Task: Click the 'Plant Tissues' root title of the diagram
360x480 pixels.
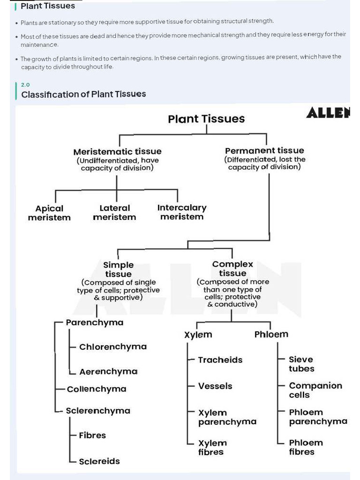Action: tap(206, 119)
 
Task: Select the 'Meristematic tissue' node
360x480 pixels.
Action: tap(117, 151)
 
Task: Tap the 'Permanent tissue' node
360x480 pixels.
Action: tap(264, 150)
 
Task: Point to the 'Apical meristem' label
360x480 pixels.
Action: tap(49, 213)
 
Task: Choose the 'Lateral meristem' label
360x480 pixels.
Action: tap(114, 212)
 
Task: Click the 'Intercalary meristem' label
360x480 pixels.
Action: tap(182, 212)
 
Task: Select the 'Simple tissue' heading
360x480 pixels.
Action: tap(118, 270)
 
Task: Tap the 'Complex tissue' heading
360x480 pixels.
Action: tap(232, 269)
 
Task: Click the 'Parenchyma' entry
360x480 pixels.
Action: tap(95, 322)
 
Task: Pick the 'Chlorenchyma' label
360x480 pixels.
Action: tap(113, 347)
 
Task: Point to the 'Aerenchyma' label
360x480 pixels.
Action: tap(108, 372)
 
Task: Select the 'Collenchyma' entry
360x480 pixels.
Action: tap(97, 389)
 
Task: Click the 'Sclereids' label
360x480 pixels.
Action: tap(99, 461)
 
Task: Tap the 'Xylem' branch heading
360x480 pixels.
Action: tap(198, 335)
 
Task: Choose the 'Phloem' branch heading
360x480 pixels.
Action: tap(271, 334)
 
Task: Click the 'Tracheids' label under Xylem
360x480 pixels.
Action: tap(220, 360)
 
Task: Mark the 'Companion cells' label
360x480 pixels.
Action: tap(315, 390)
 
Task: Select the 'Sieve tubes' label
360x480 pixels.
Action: tap(301, 364)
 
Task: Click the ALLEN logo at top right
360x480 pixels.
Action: tap(328, 113)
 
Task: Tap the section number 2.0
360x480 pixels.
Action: tap(25, 85)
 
